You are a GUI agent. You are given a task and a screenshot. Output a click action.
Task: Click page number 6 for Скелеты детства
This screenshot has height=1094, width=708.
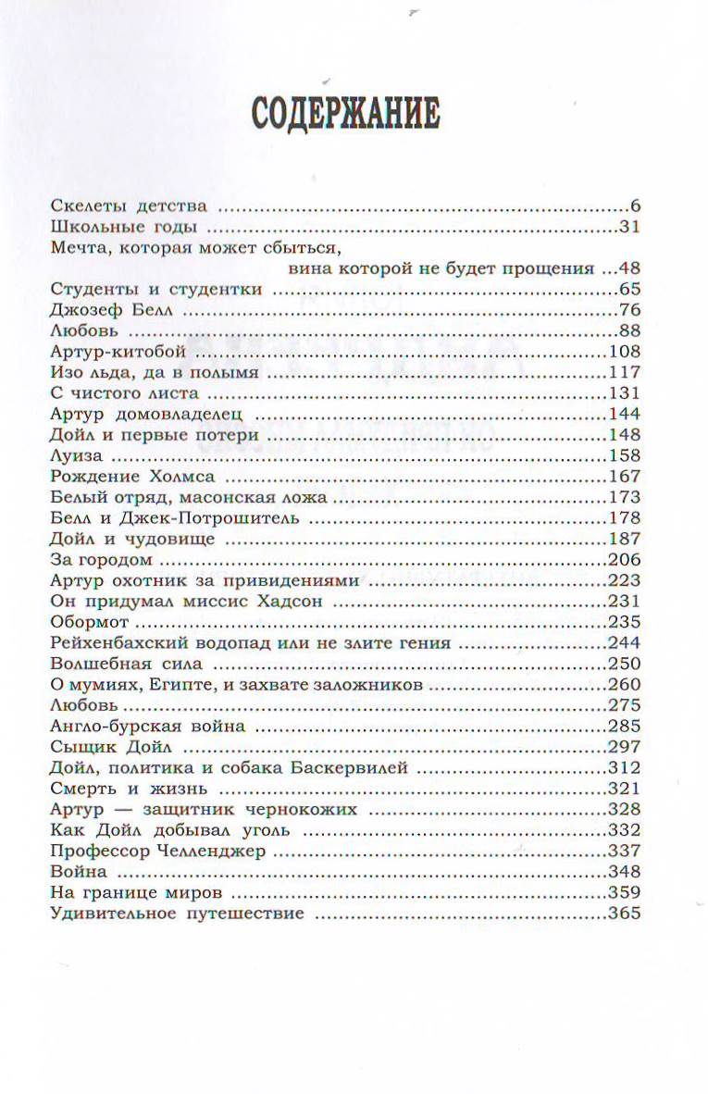[x=635, y=205]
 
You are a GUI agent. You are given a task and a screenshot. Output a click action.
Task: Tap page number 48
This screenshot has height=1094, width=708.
[x=629, y=268]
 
